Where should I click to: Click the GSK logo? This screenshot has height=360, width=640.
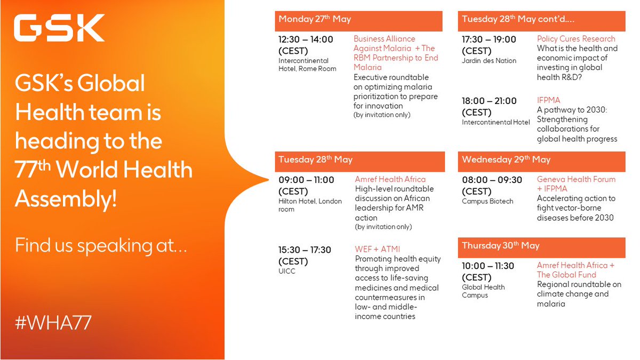coord(59,28)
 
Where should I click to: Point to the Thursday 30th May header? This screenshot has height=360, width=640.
coord(501,246)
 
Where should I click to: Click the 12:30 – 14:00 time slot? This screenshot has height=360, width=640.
coord(306,39)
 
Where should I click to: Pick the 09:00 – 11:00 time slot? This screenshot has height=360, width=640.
coord(306,180)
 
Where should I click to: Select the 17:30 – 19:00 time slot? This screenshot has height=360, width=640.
coord(489,39)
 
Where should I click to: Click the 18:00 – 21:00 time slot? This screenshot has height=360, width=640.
coord(489,101)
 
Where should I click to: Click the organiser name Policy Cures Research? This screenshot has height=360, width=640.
coord(576,39)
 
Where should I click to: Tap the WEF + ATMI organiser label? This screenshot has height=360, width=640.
coord(377,249)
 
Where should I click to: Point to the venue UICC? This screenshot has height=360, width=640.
coord(287,271)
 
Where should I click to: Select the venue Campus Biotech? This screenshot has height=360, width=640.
coord(487,202)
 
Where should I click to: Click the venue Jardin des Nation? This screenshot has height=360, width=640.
coord(489,61)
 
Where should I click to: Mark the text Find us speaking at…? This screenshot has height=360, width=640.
coord(101,245)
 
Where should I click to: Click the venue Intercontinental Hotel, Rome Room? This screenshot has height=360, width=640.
coord(307,65)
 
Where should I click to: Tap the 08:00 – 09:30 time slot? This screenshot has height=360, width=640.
coord(489,180)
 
